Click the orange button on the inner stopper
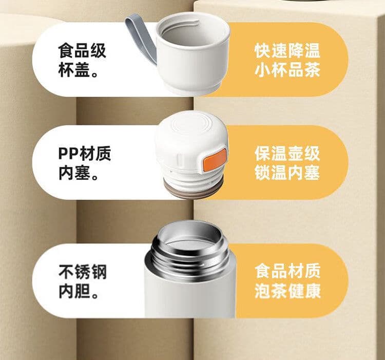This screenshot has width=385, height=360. click(215, 159)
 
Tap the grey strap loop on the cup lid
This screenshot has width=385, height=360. click(142, 40)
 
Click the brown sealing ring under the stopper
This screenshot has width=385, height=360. click(193, 190)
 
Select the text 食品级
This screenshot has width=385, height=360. click(82, 51)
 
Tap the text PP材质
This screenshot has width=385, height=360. click(85, 154)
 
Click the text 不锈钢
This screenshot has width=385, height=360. click(83, 272)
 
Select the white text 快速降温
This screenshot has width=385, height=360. click(287, 51)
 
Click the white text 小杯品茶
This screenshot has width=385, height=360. click(287, 70)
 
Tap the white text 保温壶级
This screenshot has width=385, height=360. click(287, 154)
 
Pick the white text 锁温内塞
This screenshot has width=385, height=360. click(287, 173)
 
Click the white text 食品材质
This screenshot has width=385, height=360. click(287, 271)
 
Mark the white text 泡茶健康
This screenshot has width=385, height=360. click(287, 291)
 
